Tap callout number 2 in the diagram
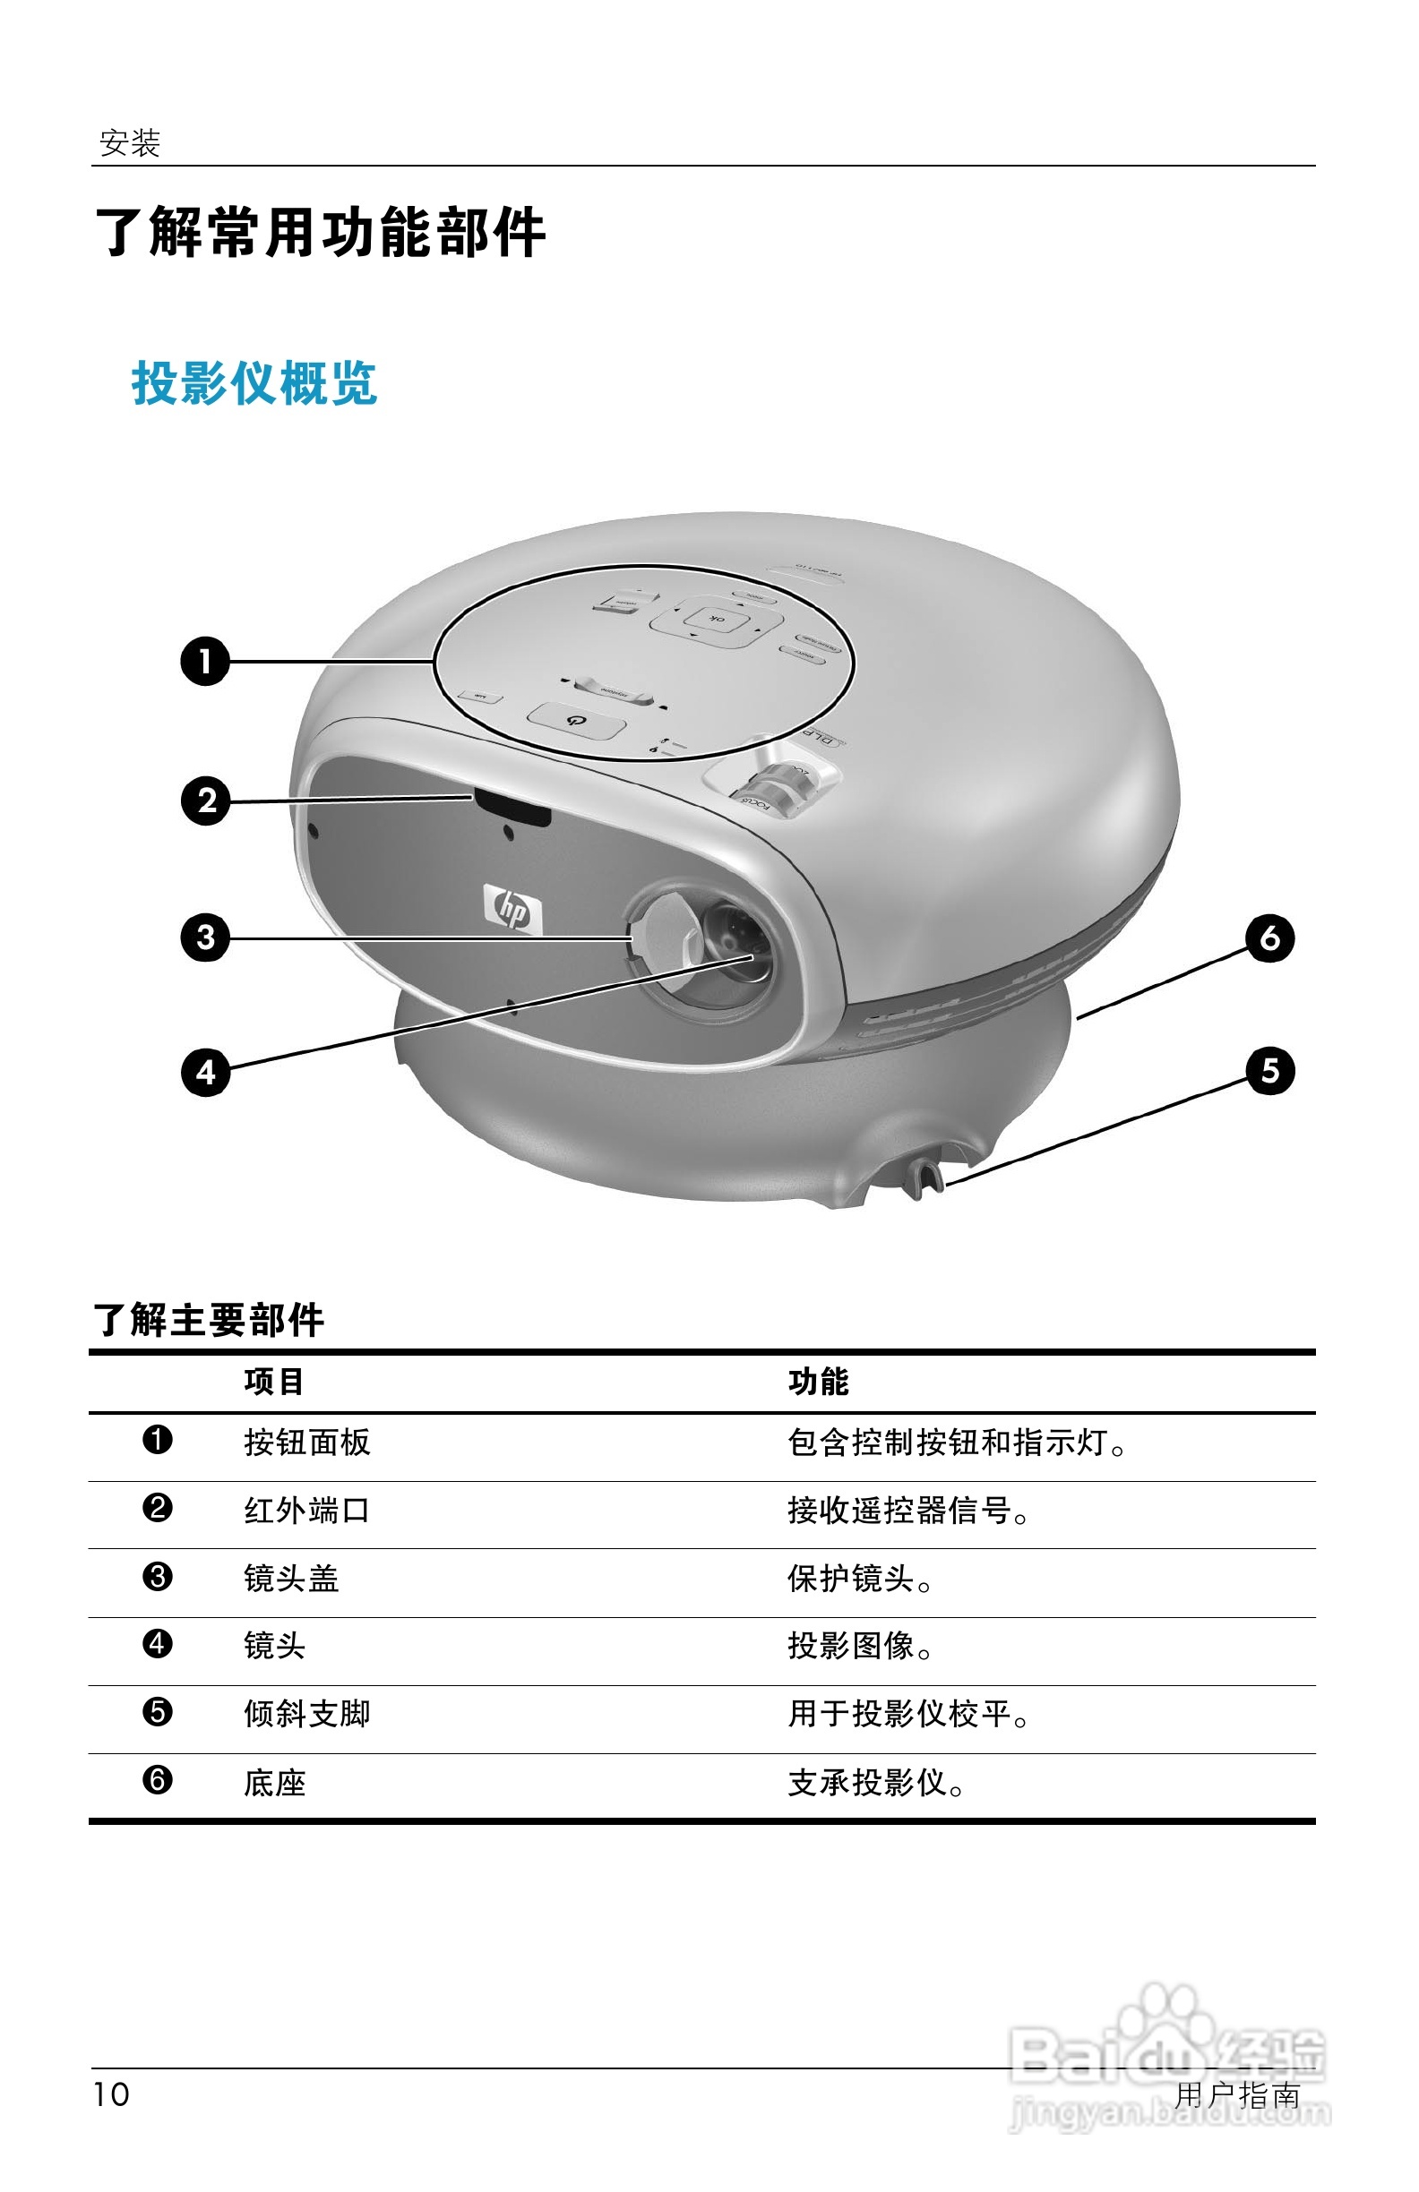(x=204, y=801)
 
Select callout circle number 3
(x=204, y=938)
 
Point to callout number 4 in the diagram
(x=204, y=1072)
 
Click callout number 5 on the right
(x=1269, y=1070)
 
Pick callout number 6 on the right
(x=1269, y=938)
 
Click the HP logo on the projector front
(x=512, y=910)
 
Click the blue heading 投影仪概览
(x=254, y=383)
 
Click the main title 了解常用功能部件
(x=321, y=232)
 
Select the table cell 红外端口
(x=307, y=1511)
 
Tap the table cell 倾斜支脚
(x=307, y=1713)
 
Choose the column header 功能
(x=818, y=1382)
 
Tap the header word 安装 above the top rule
(x=130, y=142)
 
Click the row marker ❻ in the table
(x=158, y=1779)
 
